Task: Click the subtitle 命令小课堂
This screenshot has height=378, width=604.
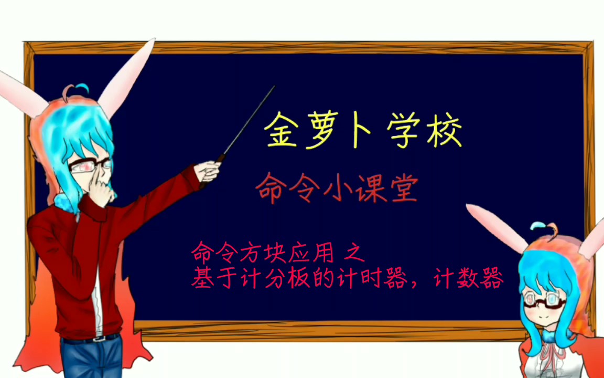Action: [x=337, y=188]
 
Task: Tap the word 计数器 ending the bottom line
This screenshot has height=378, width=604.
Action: [x=469, y=279]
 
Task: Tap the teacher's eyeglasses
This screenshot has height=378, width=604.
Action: [x=90, y=166]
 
